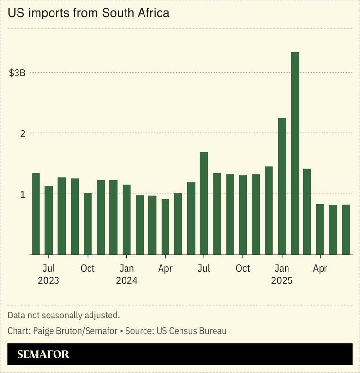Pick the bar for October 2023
(x=88, y=224)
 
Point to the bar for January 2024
(x=126, y=219)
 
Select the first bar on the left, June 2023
(x=36, y=214)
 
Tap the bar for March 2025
(x=307, y=211)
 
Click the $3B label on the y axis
(x=17, y=73)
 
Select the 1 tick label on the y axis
(x=22, y=194)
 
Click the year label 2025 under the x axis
(x=282, y=281)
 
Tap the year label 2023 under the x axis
(x=48, y=281)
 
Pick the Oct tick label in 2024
(x=243, y=268)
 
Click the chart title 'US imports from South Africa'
(x=89, y=13)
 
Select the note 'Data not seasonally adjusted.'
(x=63, y=316)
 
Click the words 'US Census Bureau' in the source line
(x=191, y=331)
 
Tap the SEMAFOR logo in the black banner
(x=43, y=354)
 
